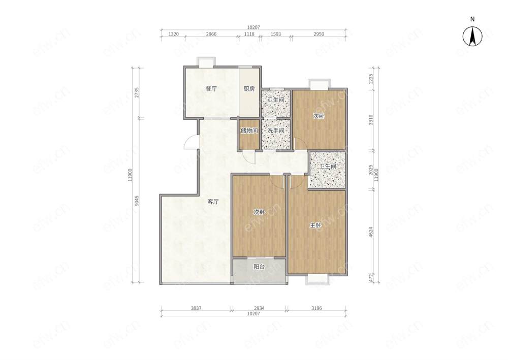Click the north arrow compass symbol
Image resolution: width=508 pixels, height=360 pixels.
click(x=472, y=36)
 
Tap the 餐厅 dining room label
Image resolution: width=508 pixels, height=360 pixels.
click(x=211, y=89)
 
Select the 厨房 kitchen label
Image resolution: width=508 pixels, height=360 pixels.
click(x=249, y=89)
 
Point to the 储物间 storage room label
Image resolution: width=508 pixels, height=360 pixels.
click(x=249, y=131)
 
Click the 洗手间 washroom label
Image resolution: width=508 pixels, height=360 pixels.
click(x=276, y=131)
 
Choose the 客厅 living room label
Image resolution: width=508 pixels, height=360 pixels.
click(x=213, y=202)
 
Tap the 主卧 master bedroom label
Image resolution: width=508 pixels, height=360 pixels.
click(x=315, y=225)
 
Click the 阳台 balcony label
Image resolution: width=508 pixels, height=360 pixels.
click(x=259, y=267)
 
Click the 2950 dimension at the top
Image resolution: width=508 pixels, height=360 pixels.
click(x=319, y=34)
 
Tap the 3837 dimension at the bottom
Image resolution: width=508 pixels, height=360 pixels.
click(x=196, y=308)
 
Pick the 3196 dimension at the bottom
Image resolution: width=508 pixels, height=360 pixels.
click(x=316, y=308)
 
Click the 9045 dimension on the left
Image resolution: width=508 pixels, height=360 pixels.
click(x=137, y=201)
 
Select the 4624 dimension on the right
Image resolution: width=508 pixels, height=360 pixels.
click(x=371, y=232)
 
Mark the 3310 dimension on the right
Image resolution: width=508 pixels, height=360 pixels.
click(x=371, y=120)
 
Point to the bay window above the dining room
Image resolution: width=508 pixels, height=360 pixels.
click(x=206, y=62)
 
